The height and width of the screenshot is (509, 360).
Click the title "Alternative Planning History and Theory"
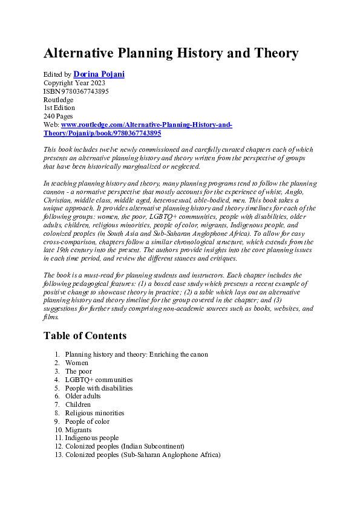(x=171, y=53)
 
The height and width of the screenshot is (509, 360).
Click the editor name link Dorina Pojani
(x=99, y=74)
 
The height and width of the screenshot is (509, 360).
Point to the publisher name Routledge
(x=58, y=99)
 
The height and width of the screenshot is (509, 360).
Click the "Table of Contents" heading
(x=85, y=336)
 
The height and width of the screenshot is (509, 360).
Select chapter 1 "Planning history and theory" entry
(x=136, y=354)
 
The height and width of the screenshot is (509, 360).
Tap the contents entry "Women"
(x=77, y=363)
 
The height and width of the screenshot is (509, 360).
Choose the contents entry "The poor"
(x=79, y=371)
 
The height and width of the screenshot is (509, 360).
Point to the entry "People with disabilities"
(x=99, y=388)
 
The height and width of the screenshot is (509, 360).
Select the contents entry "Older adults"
(x=83, y=396)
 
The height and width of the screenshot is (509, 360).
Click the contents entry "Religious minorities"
(x=94, y=413)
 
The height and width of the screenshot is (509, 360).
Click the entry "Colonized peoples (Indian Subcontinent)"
(x=125, y=446)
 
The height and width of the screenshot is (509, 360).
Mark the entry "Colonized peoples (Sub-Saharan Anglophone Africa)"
(x=143, y=455)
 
